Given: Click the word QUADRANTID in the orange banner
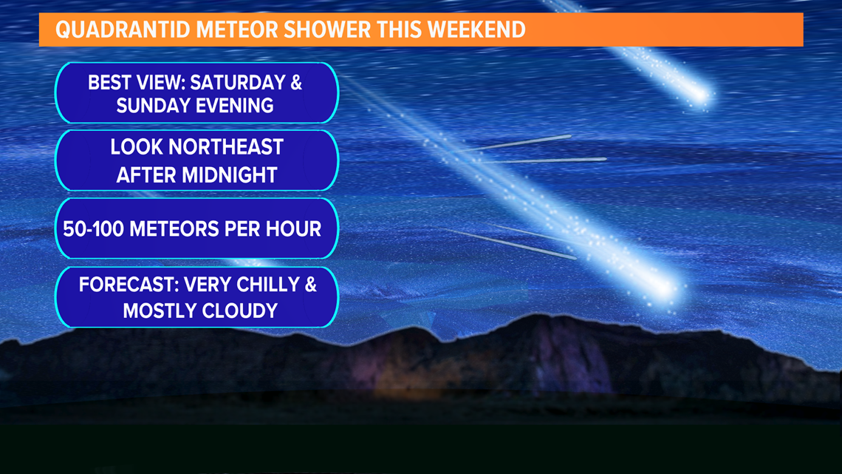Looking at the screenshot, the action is tap(123, 30).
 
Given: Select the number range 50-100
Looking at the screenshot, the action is tap(94, 229).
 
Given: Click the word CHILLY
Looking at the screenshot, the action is tap(268, 284).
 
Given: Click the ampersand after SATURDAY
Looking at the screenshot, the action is tap(296, 82).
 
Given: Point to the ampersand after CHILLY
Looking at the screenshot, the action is tap(311, 284).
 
